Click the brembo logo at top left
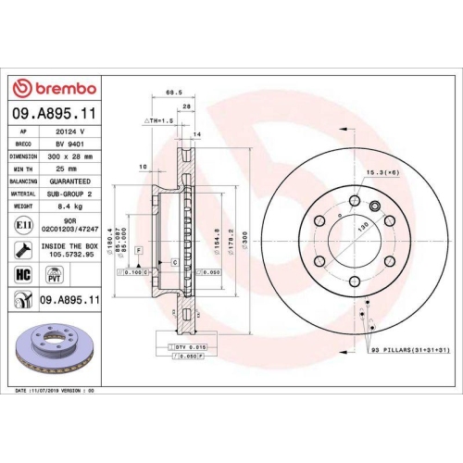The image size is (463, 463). (x=53, y=88)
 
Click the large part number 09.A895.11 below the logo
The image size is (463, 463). (x=53, y=112)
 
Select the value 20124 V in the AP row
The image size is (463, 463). (x=71, y=132)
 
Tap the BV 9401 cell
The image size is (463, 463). (x=71, y=144)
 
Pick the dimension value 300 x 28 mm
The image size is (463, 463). (x=71, y=156)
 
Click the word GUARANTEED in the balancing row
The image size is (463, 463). (x=71, y=181)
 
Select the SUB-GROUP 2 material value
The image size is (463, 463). (x=71, y=194)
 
